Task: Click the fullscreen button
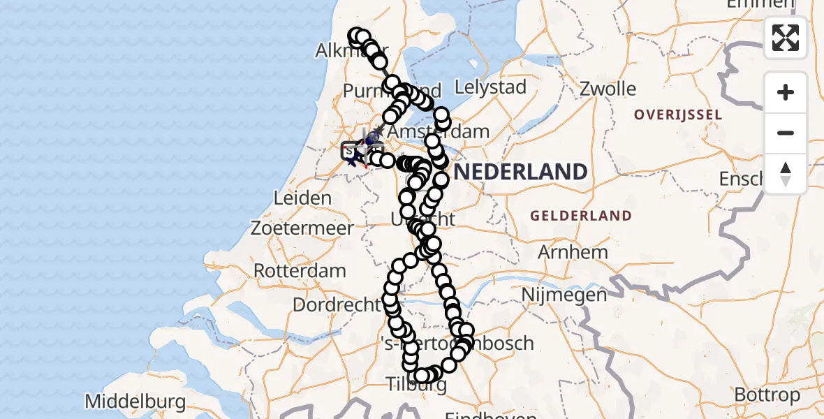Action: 786,38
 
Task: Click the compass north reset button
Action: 786,174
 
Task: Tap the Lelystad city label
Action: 490,88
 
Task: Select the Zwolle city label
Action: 608,89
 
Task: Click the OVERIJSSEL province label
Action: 677,114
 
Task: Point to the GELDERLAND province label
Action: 580,216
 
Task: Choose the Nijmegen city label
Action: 564,295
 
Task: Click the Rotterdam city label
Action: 300,270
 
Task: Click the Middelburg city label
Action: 135,402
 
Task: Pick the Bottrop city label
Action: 767,395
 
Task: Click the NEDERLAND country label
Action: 521,172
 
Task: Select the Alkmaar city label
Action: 341,50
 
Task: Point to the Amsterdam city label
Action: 438,132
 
